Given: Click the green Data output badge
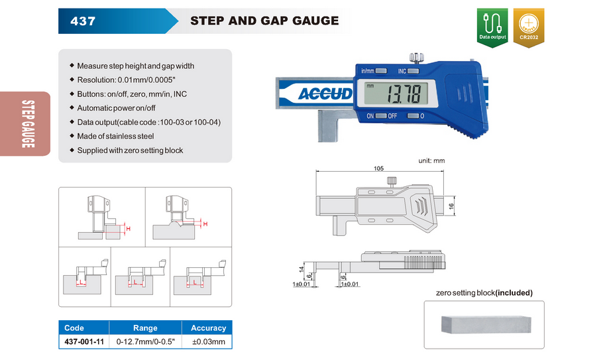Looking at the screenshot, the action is [492, 27].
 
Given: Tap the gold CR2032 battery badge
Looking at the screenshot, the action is [529, 27].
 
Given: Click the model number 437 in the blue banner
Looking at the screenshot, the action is [83, 21].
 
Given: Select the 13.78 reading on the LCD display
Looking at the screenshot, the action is [406, 94].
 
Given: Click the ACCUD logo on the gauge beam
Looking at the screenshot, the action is [325, 93].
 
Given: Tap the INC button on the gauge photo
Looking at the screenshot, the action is [413, 71].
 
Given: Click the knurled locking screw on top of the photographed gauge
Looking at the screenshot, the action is [417, 58].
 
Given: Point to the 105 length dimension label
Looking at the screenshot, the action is [379, 168].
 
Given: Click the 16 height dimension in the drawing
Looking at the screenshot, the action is [451, 206].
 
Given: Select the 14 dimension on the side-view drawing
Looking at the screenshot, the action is [301, 269].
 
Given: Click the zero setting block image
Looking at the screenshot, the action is [486, 325].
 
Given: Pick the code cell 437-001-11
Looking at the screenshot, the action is [84, 341].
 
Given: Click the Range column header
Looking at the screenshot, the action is [145, 328].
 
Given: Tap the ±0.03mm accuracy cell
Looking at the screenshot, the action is [209, 341].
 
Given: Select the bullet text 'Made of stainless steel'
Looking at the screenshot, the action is [115, 136].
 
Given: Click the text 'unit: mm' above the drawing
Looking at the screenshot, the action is [431, 160].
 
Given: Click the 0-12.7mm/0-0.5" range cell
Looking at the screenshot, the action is [145, 341].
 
